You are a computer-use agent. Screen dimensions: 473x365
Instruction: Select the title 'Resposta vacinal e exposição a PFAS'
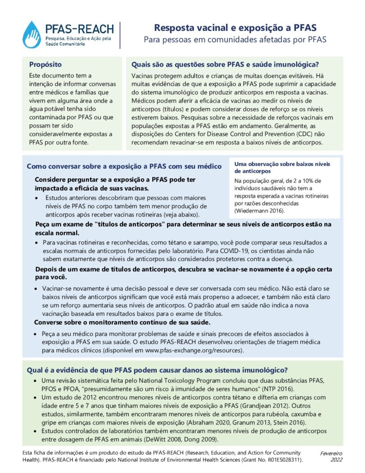[235, 27]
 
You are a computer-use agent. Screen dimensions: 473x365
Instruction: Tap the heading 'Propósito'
[45, 65]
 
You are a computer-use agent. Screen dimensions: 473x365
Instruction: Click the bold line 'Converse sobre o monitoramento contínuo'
[123, 322]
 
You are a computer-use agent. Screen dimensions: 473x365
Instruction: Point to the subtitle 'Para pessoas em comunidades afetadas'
[235, 40]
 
